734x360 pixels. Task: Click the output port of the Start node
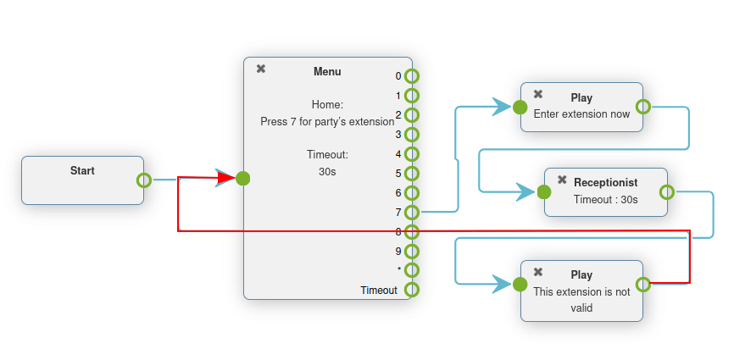click(144, 180)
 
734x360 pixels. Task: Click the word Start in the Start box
click(82, 170)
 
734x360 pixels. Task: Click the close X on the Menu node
click(261, 69)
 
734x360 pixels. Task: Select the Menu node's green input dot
click(243, 179)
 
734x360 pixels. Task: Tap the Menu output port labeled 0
click(412, 75)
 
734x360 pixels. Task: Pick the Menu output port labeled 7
click(412, 212)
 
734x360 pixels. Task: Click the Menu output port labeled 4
click(412, 153)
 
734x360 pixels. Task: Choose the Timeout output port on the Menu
click(412, 290)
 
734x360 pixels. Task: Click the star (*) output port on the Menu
click(412, 270)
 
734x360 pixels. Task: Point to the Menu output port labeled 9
click(412, 251)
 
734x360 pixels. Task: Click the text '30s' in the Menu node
click(327, 171)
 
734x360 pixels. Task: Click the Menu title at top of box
click(327, 72)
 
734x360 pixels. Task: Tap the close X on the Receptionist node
click(562, 180)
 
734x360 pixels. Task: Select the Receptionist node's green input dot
click(544, 192)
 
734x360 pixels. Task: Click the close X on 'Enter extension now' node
click(538, 94)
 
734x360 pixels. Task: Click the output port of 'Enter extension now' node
click(642, 107)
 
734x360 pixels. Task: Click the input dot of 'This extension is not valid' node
click(520, 284)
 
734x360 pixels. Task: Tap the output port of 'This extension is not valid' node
click(642, 284)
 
